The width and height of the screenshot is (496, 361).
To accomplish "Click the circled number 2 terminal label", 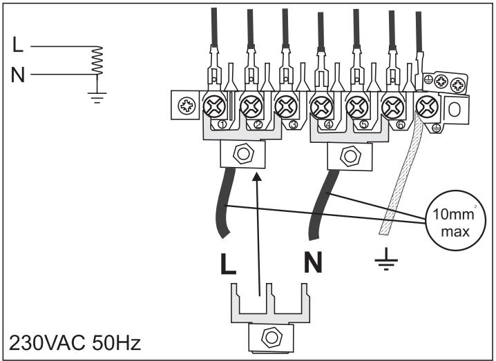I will pyautogui.click(x=258, y=125).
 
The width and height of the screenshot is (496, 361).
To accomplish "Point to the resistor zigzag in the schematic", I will pyautogui.click(x=97, y=61).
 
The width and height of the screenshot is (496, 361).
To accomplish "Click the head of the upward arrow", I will pyautogui.click(x=258, y=178).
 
